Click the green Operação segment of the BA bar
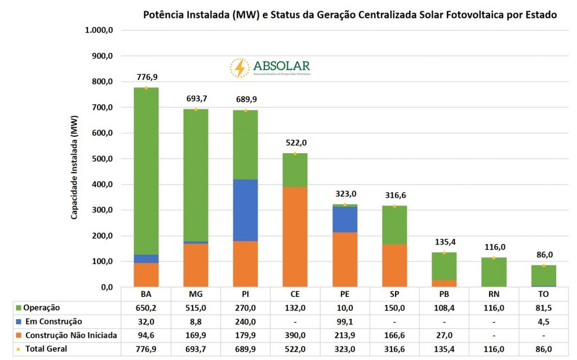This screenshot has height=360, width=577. point(146,169)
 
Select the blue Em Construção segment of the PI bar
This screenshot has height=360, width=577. point(245,210)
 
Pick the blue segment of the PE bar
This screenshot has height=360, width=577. point(345,220)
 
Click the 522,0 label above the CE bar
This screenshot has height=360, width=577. point(295,143)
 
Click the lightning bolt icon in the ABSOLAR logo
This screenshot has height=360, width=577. point(239,68)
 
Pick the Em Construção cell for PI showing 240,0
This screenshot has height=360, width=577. point(245,322)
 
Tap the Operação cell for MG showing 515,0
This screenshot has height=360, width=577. point(196,308)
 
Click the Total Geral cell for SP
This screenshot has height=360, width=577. point(394,349)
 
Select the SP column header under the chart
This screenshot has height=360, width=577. point(394,295)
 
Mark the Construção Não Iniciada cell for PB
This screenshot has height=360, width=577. point(444,335)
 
